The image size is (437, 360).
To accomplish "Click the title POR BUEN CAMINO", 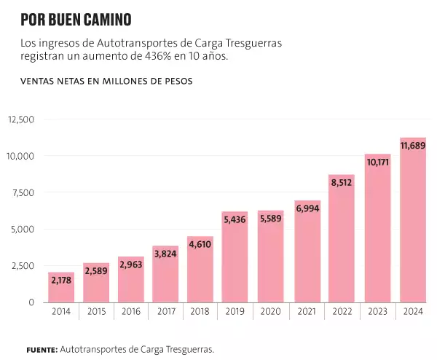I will point(76,19).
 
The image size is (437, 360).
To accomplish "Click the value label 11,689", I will point(413,146).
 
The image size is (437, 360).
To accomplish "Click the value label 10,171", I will point(377,163).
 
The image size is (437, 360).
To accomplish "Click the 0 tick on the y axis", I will point(32,302).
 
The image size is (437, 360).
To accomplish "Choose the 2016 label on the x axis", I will point(131,311).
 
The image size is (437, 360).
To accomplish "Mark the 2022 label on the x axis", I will point(342,311).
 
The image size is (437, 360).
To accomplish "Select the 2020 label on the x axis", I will point(271,311).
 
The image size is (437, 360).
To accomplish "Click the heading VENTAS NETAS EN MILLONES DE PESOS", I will point(106,82).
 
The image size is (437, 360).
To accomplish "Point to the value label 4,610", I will point(200,245).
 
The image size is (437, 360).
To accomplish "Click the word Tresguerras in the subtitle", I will point(251,43).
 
